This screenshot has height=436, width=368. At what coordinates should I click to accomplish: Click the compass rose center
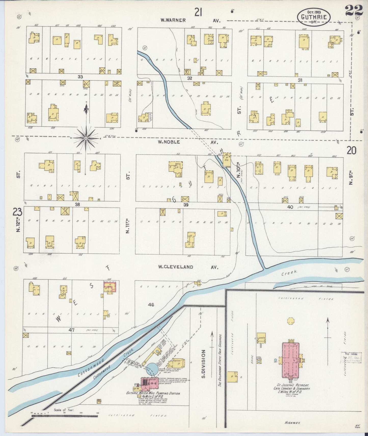click(x=86, y=138)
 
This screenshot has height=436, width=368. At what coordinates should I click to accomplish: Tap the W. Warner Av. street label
click(x=190, y=20)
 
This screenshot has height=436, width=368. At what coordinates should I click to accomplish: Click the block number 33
click(x=80, y=77)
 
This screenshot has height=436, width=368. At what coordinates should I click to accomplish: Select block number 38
click(x=77, y=204)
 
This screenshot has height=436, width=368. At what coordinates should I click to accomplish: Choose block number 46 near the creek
click(x=151, y=304)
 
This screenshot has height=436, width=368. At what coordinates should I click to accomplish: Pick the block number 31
click(x=300, y=80)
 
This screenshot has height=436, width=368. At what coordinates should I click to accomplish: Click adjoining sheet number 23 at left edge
click(x=18, y=212)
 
